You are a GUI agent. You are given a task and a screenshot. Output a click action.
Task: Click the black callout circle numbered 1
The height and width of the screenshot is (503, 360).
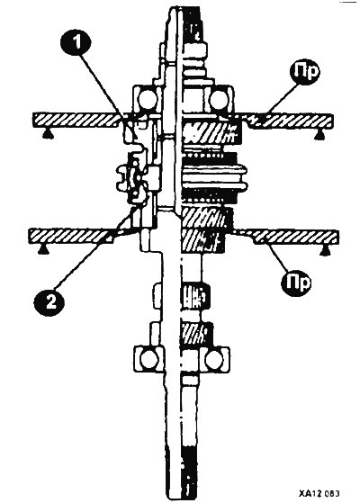click(x=76, y=42)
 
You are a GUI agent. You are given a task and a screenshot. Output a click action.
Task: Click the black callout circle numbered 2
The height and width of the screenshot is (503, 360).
click(x=49, y=301)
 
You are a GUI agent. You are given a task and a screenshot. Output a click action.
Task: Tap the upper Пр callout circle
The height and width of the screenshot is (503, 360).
click(x=305, y=72)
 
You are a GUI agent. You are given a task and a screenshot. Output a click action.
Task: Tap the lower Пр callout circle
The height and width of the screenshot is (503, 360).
click(x=297, y=282)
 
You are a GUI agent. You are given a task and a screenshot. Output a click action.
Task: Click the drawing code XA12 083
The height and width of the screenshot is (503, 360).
click(x=319, y=493)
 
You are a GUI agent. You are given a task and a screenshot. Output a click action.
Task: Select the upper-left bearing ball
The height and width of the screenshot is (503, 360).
click(x=147, y=99)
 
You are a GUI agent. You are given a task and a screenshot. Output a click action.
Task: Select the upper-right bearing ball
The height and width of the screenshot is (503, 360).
click(x=219, y=99)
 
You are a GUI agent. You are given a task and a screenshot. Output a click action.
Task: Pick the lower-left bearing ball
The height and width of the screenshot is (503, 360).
click(x=148, y=359)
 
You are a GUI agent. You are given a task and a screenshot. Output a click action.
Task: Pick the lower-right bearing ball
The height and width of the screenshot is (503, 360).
click(x=214, y=359)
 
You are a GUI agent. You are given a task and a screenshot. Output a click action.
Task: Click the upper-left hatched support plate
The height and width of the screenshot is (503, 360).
click(x=78, y=120)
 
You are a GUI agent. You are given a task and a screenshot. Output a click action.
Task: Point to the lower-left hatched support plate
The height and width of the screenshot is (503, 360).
click(x=70, y=236)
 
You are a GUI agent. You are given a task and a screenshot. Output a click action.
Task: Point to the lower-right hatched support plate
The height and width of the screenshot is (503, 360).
click(x=289, y=237)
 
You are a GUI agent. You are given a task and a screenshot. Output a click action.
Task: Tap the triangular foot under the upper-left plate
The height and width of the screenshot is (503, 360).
click(x=49, y=133)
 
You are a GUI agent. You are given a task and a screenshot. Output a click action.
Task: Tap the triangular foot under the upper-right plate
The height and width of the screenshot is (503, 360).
click(x=319, y=135)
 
